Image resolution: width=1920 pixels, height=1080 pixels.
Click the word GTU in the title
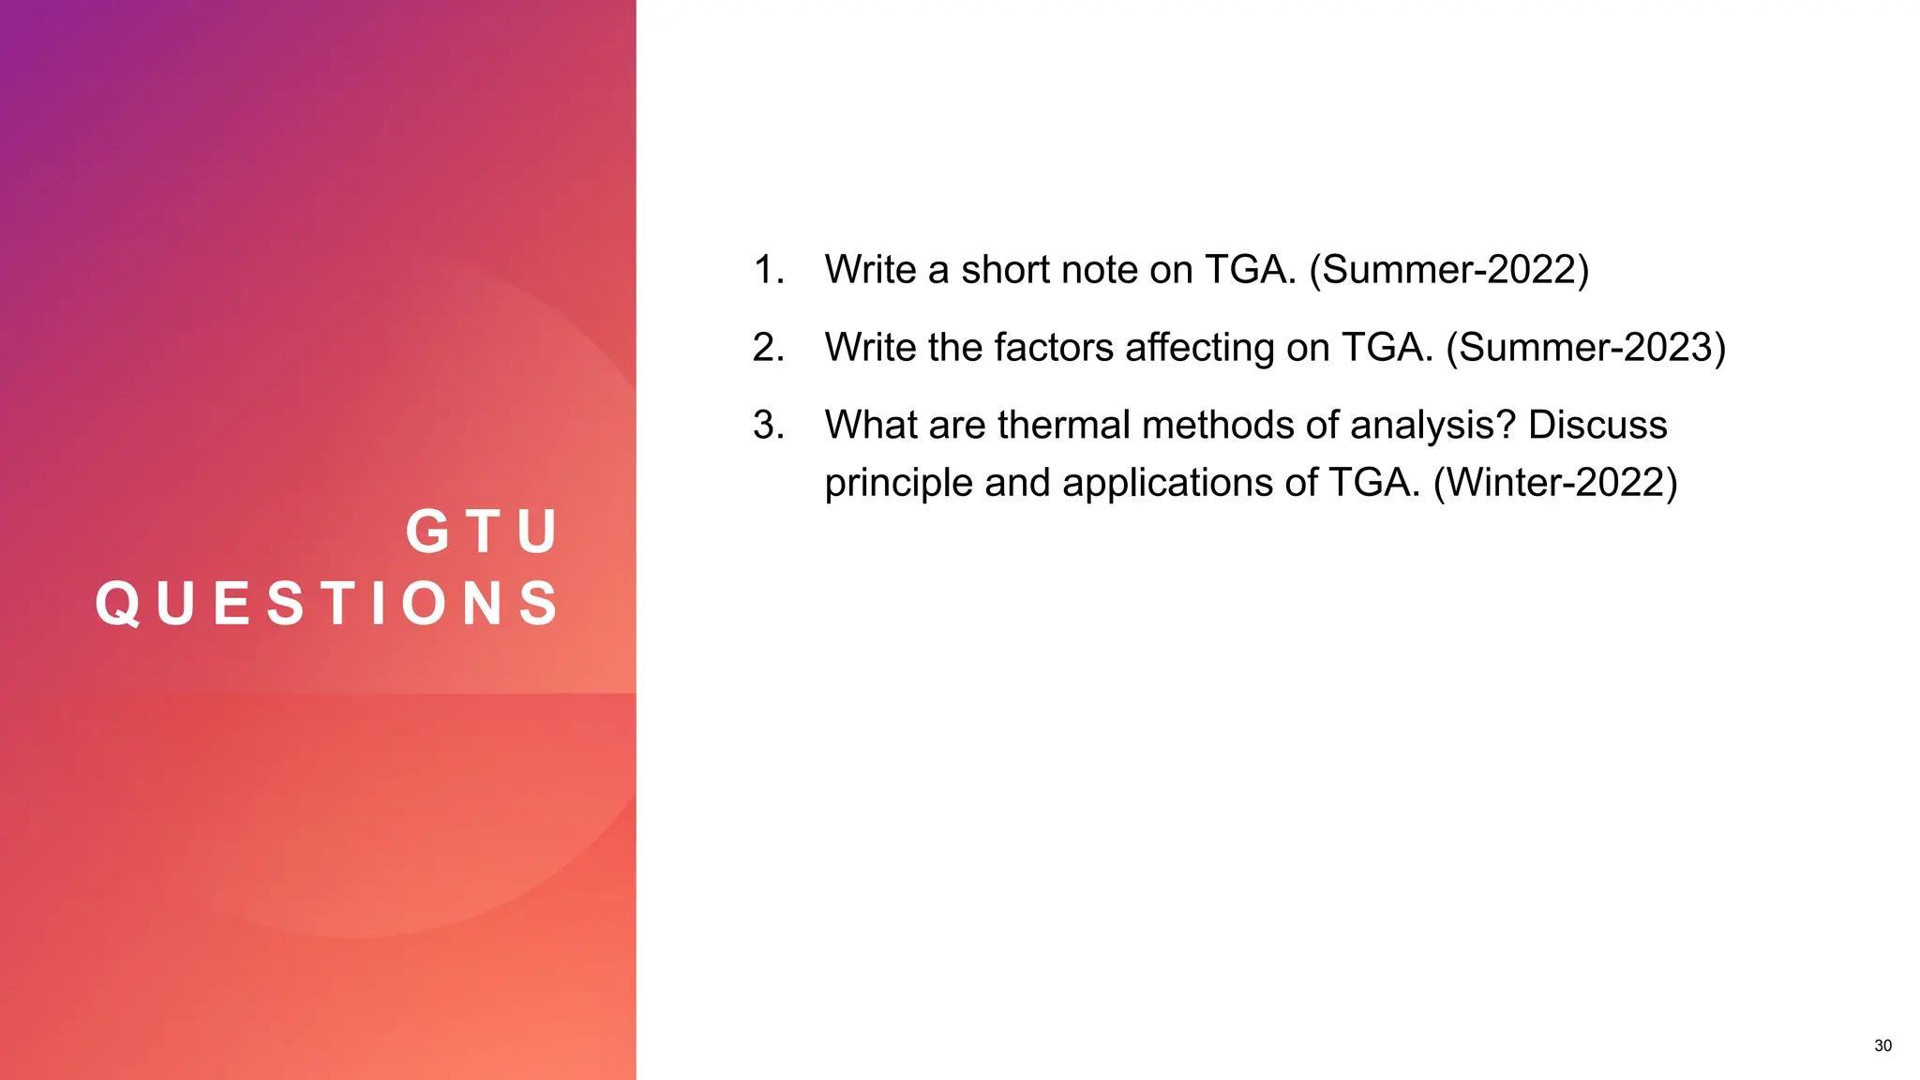483,532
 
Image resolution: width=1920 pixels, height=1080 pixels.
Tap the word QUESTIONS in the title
328,603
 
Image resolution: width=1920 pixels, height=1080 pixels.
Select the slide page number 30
1882,1045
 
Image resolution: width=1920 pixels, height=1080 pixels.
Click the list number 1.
768,270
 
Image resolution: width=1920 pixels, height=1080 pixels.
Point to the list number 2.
768,348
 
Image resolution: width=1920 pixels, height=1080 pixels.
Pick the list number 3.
768,426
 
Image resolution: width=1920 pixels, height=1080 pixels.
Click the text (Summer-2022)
1448,270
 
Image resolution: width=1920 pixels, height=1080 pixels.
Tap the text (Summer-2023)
1585,348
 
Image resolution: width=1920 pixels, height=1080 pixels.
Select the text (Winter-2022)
1555,483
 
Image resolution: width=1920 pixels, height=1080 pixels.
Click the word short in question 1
1002,270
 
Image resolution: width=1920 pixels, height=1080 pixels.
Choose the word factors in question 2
1054,348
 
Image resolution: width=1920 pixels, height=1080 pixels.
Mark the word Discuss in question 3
1597,426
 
